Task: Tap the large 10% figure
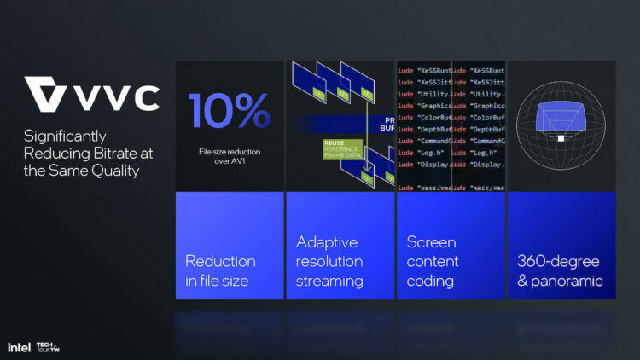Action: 229,111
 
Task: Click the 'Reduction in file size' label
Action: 220,270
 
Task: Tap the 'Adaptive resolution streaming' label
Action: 329,261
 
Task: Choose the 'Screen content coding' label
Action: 433,261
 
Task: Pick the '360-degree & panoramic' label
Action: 560,270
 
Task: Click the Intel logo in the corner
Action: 19,347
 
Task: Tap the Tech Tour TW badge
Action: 48,347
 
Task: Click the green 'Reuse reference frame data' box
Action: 342,149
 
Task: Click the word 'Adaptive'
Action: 325,241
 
